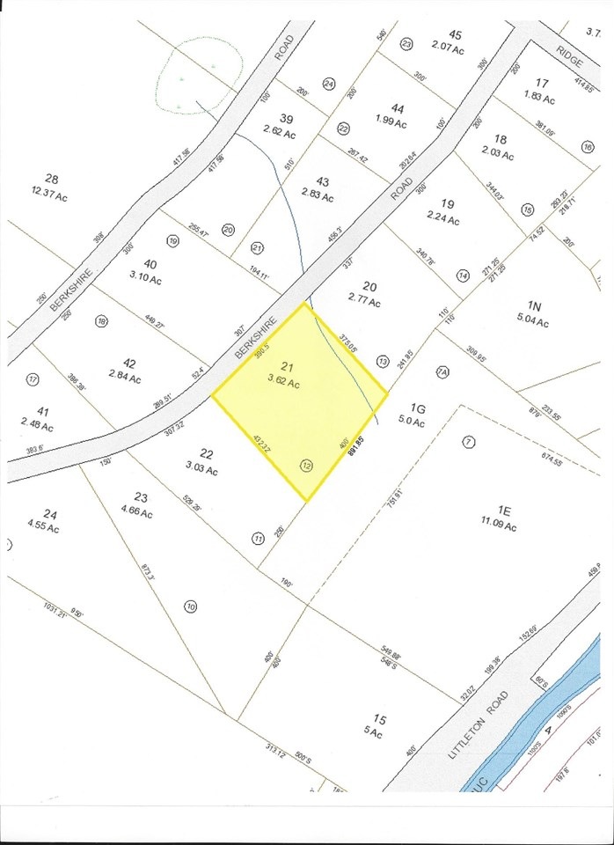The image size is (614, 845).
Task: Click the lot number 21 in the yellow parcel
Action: tap(285, 366)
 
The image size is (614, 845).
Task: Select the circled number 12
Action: tap(306, 467)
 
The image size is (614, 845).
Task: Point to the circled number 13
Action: tap(382, 361)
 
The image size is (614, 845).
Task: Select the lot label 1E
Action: tap(504, 509)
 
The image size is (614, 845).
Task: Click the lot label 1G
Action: tap(418, 407)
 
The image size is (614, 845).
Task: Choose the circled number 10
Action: tap(191, 606)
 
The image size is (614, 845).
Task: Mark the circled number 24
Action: tap(329, 84)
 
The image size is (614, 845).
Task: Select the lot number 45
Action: tap(454, 34)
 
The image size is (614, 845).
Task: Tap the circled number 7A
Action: tap(442, 371)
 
